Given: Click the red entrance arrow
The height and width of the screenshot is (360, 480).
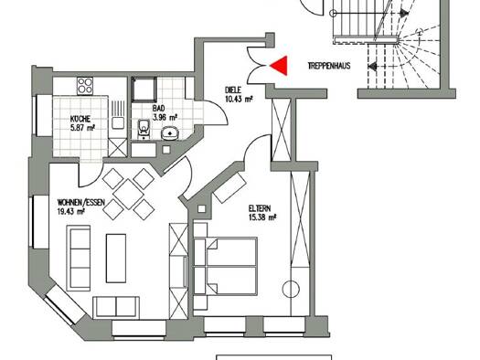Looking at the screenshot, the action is coord(281,66).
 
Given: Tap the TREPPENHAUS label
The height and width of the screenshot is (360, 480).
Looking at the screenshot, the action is coord(329,66).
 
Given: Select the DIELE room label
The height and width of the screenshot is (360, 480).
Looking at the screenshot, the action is coord(233,90).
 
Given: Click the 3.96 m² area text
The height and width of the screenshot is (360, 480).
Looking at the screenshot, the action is coord(165,117).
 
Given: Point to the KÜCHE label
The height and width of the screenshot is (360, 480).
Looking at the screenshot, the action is coord(80,119).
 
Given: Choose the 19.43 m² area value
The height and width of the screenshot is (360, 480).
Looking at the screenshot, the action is coord(71,211).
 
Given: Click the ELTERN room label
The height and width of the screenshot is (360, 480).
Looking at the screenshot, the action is coord(260,208).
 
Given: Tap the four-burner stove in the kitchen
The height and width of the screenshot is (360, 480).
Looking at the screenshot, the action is coord(85,86).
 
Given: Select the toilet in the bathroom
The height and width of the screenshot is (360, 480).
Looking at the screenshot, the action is coord(143,129).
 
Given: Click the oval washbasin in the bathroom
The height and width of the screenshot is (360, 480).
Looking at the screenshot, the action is coord(170,132).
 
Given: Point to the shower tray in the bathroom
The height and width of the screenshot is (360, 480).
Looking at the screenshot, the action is coord(144,89).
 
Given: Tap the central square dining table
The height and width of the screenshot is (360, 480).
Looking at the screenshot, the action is coord(128,195).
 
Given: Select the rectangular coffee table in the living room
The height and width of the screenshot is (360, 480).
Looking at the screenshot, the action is coord(116,259).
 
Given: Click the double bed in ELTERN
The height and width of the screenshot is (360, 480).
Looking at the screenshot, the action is coord(225,266).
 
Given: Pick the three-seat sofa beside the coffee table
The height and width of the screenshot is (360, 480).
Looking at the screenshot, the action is coord(79,259).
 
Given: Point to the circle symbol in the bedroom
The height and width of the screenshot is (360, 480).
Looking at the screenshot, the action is coord(291,289).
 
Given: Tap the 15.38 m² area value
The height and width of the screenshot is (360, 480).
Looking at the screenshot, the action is coord(262,217).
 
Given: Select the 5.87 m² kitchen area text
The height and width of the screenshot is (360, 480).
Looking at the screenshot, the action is coord(82,128).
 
